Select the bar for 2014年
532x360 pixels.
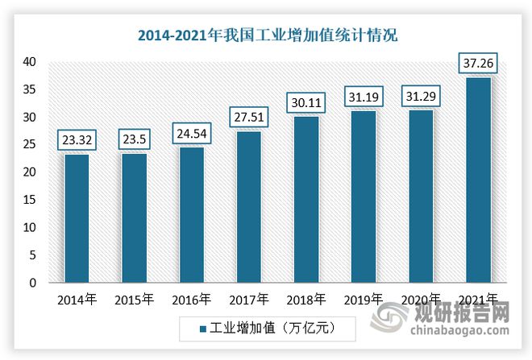(77, 217)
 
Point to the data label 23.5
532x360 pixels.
(134, 139)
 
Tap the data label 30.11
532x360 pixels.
(305, 103)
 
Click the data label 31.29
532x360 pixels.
(419, 97)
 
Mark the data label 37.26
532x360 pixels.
(476, 63)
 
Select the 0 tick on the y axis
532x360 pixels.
(31, 283)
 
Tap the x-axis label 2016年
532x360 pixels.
(191, 300)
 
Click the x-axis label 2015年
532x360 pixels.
(134, 300)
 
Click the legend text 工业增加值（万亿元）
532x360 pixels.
(271, 328)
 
